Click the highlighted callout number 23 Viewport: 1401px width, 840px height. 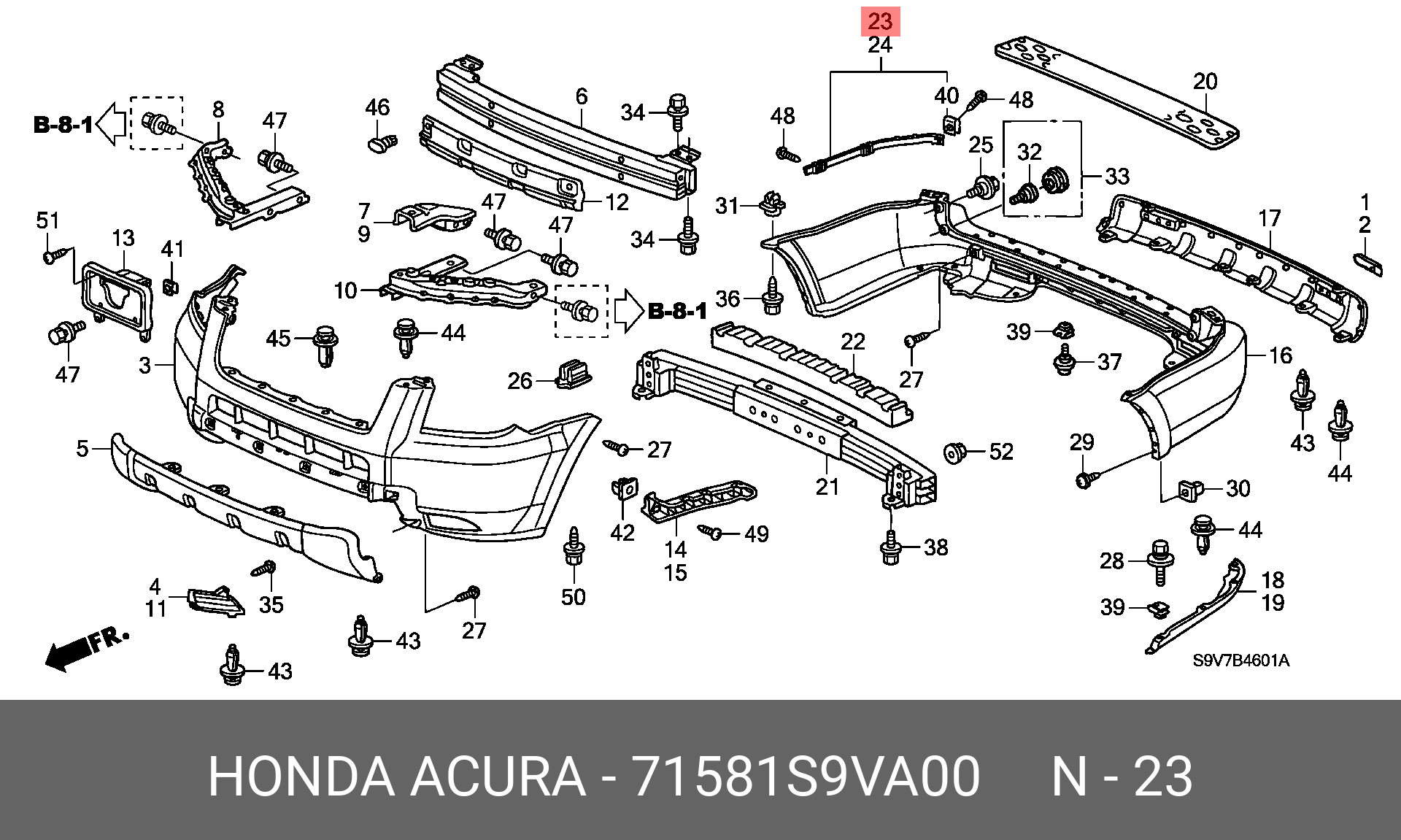(880, 20)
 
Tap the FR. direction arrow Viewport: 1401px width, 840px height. (86, 649)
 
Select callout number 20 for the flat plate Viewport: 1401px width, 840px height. (1205, 81)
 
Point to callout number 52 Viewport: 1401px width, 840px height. (1001, 452)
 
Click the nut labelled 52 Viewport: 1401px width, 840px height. (954, 453)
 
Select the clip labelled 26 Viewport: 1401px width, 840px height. (574, 374)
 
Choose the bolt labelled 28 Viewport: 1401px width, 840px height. (1159, 561)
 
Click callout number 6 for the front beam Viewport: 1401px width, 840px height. (581, 97)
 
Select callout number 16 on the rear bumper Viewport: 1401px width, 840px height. (1281, 355)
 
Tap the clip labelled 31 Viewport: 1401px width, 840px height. (773, 205)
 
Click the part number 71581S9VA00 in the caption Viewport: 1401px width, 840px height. (805, 777)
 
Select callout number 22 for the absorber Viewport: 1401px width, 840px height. (852, 342)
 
